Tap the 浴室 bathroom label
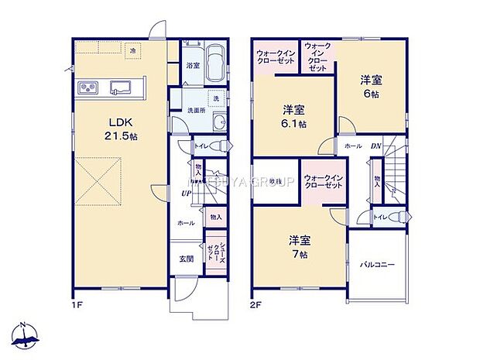(194, 67)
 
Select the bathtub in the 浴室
(216, 63)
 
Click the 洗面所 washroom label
(196, 110)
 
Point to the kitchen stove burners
(87, 86)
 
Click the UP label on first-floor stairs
(187, 193)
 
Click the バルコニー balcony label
(377, 264)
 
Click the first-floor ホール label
(186, 222)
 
